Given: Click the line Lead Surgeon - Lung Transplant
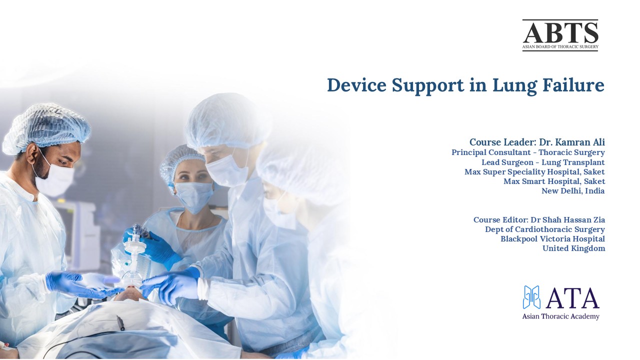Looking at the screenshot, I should [543, 162].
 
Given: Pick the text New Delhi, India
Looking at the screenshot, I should [573, 191].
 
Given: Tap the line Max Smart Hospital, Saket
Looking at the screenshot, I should [554, 181].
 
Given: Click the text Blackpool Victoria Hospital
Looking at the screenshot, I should [552, 239].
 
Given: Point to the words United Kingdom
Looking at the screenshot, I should [573, 248].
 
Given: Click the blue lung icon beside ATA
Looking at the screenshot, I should [532, 297].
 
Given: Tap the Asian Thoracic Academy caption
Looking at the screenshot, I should [560, 316].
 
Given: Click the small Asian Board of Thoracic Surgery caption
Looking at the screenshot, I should [560, 47].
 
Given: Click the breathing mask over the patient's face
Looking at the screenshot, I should [131, 277].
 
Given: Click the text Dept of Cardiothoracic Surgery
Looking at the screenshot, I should [544, 229].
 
